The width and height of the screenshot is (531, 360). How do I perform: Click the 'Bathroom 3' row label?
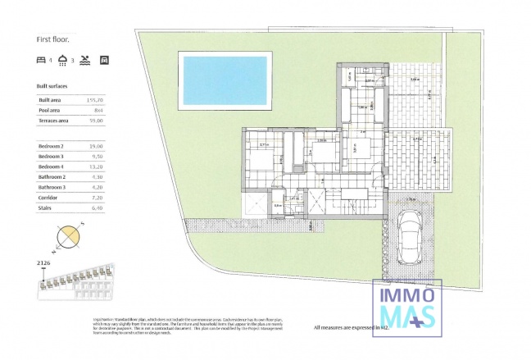tap(52, 187)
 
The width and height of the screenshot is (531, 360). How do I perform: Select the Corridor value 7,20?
tap(99, 198)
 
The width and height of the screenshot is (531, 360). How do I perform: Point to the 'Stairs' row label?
tap(45, 208)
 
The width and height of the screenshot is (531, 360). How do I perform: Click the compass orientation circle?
tap(69, 239)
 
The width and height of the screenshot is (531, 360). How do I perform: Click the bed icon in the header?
tap(41, 60)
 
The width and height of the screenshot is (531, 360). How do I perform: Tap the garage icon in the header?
tap(104, 60)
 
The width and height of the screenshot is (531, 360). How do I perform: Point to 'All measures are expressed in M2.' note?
tap(351, 327)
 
